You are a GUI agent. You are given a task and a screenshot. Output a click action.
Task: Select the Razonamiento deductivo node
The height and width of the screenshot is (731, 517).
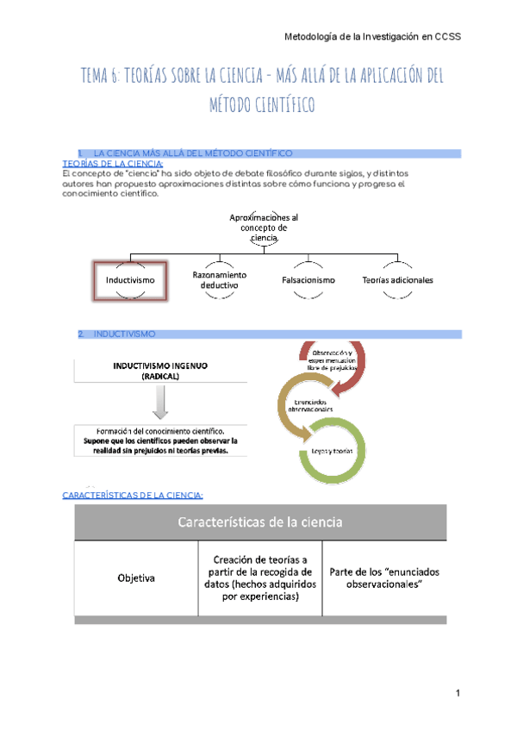(220, 279)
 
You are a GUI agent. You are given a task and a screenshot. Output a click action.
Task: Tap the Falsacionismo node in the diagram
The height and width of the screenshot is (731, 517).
(308, 280)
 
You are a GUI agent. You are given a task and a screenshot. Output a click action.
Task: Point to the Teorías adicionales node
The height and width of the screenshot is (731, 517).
(398, 280)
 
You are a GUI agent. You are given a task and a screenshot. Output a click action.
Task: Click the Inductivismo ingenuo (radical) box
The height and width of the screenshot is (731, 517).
(160, 371)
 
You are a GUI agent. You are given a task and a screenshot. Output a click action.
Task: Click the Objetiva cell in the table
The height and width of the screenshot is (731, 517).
(136, 578)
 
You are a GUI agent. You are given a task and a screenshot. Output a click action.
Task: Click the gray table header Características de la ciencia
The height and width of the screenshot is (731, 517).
(260, 522)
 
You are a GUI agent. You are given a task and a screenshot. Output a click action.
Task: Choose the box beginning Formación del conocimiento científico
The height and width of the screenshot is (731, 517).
(160, 443)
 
